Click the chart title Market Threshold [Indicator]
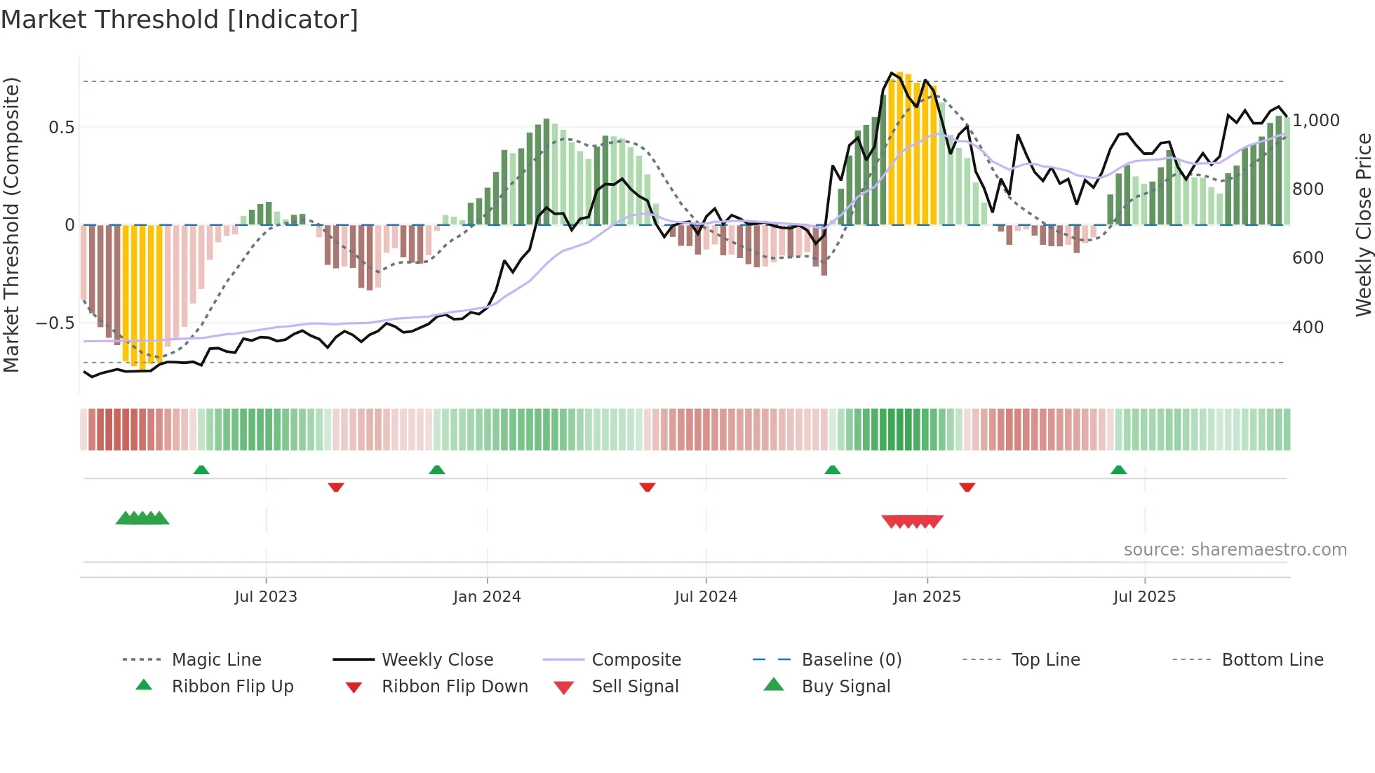180,20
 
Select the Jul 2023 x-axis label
266,597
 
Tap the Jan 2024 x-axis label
487,597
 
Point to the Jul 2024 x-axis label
706,597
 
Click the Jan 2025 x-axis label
927,597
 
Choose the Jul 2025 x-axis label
1144,597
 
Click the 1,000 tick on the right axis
1316,121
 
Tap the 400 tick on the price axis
1308,328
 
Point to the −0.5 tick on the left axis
55,323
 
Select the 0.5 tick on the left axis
61,128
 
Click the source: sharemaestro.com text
1235,550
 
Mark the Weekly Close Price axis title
1363,224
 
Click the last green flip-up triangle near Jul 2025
1118,470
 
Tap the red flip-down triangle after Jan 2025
967,487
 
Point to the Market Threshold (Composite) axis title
11,224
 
